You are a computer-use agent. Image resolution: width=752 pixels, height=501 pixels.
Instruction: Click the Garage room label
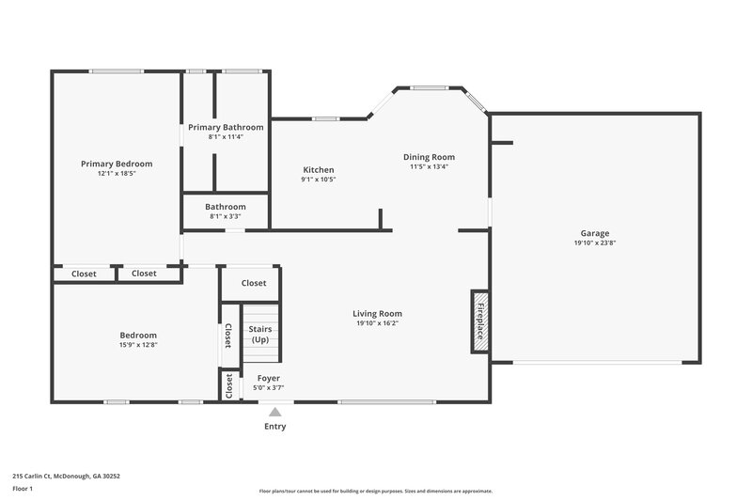point(594,233)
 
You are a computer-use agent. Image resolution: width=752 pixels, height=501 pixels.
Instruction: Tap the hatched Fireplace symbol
point(479,321)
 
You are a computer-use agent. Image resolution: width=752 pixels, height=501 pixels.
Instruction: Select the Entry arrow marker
point(274,411)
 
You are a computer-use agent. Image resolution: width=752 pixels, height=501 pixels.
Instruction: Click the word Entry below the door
point(274,427)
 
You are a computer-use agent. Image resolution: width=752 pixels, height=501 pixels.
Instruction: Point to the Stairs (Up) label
point(260,334)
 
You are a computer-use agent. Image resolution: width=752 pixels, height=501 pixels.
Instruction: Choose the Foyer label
point(268,378)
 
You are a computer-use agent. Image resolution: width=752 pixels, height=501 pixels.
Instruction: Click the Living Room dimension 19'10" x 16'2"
point(377,323)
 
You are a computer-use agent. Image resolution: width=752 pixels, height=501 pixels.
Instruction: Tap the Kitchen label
point(318,170)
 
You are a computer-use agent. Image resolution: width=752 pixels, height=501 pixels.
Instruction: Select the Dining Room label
point(429,157)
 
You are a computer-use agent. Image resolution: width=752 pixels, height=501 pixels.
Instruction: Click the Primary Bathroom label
point(226,127)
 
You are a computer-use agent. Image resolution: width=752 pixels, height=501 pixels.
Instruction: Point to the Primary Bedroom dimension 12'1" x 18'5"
point(117,173)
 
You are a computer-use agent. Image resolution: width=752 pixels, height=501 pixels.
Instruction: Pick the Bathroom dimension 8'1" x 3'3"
point(226,216)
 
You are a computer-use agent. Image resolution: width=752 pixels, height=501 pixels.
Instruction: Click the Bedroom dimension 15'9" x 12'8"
point(138,345)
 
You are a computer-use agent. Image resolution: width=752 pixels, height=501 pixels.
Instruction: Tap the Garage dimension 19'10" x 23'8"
point(594,243)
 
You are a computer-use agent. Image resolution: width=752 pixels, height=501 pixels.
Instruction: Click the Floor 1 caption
point(23,489)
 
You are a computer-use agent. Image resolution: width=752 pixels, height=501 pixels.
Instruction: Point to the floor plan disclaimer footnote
point(375,491)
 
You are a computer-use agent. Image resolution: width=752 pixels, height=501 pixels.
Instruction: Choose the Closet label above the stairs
point(254,283)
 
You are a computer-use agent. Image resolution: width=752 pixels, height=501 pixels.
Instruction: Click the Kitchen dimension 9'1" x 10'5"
point(318,180)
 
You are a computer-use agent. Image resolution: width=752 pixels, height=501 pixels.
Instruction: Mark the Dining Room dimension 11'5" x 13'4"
point(429,166)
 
